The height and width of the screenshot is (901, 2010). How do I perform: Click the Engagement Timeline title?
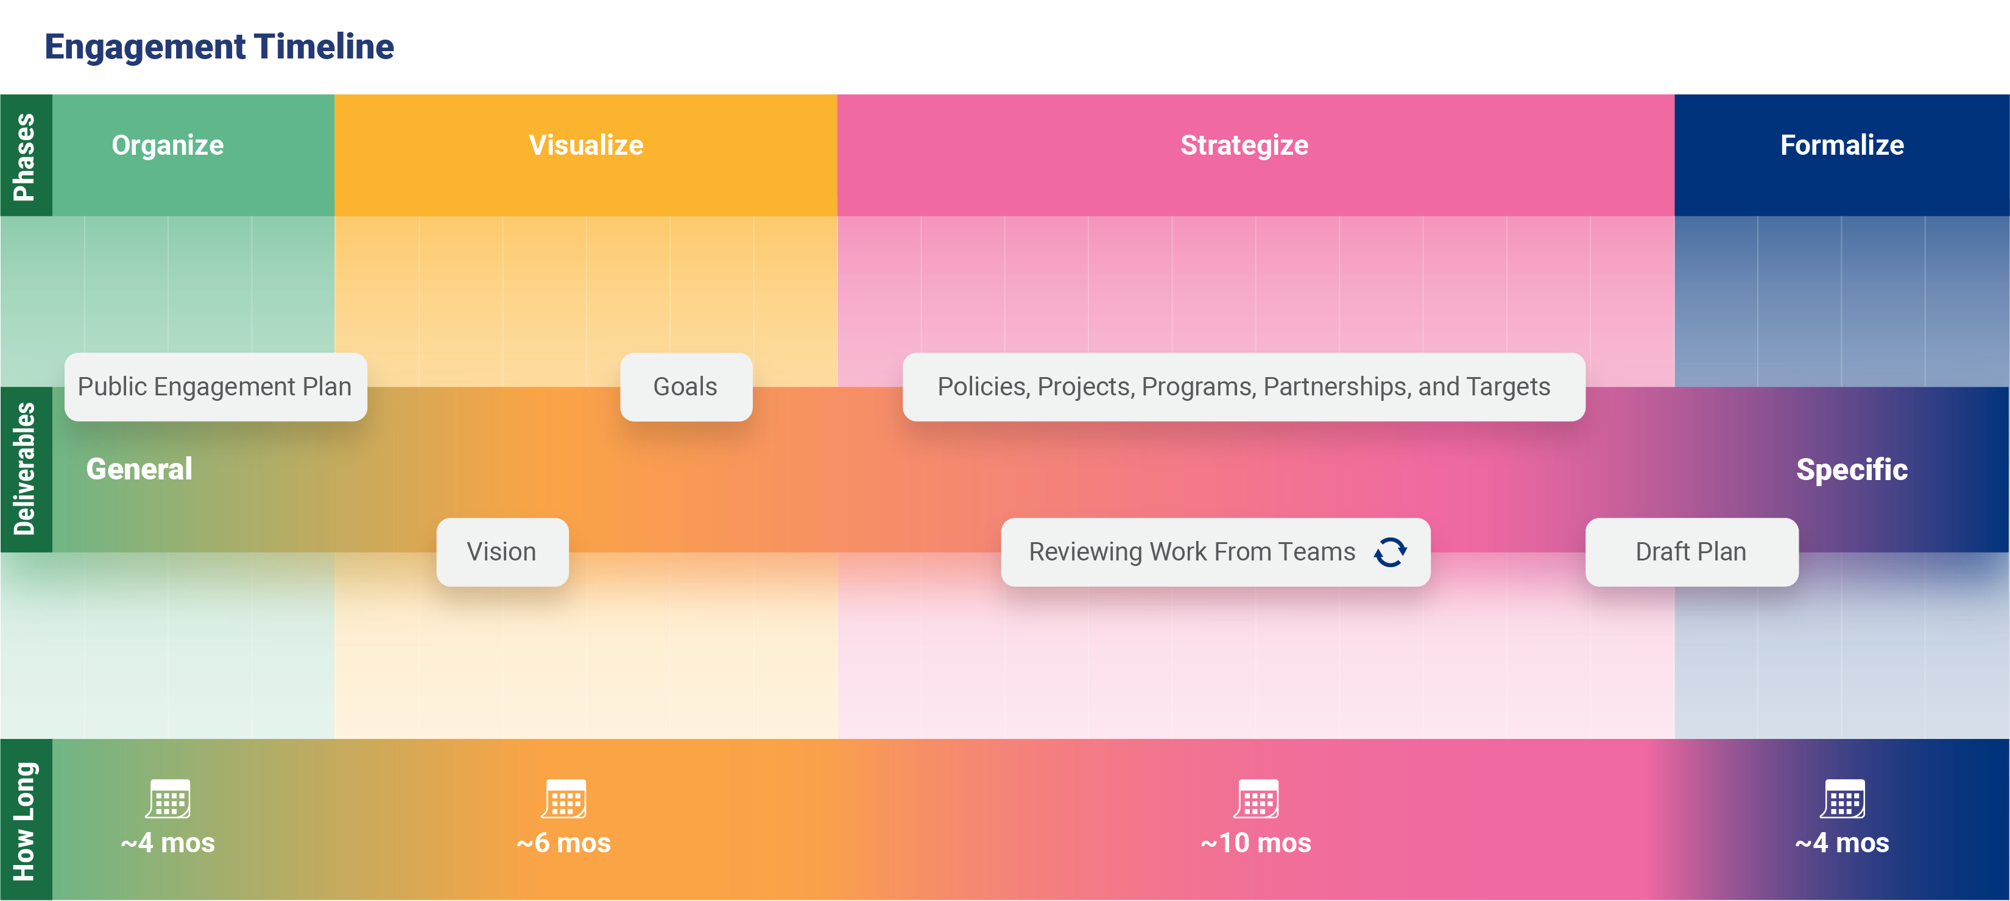click(x=219, y=47)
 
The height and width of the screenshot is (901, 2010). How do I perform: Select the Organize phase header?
click(x=167, y=145)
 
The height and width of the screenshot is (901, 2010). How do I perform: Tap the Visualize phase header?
click(x=586, y=145)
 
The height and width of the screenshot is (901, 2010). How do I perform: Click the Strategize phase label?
click(x=1244, y=145)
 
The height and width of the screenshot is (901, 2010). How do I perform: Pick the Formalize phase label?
click(x=1842, y=145)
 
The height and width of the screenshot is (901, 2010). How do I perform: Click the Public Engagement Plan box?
click(x=216, y=387)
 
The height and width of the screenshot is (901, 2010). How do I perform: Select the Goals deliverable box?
click(x=686, y=387)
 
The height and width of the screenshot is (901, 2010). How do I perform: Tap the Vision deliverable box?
click(x=503, y=551)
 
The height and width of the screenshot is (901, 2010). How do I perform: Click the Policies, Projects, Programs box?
click(x=1244, y=387)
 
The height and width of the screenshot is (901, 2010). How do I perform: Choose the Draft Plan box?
click(x=1691, y=551)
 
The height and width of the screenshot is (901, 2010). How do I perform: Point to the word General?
click(x=139, y=469)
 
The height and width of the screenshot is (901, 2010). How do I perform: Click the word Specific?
click(x=1852, y=470)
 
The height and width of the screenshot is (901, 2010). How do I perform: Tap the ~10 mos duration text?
click(x=1255, y=843)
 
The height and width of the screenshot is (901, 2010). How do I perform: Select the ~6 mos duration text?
click(x=563, y=843)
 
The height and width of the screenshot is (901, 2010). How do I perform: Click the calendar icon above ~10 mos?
click(x=1256, y=799)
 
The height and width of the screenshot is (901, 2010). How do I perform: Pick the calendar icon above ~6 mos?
click(x=564, y=799)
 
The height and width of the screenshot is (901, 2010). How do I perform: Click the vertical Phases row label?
click(x=25, y=156)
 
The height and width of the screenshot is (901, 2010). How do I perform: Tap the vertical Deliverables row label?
click(x=25, y=469)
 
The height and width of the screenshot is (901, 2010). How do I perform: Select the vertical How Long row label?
click(x=25, y=821)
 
